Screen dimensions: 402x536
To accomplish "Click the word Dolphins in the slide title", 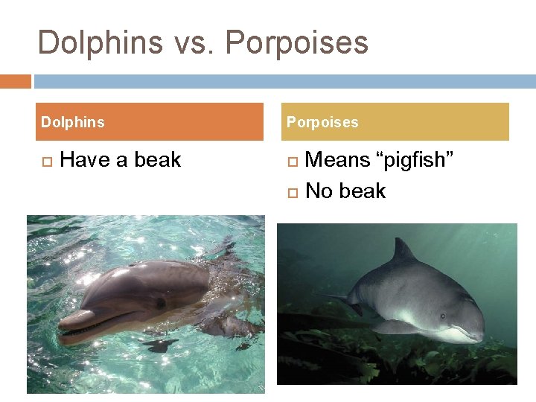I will [100, 42].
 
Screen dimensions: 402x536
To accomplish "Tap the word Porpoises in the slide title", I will [296, 42].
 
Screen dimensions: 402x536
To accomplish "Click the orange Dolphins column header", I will [149, 122].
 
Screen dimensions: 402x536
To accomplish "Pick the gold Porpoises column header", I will [398, 122].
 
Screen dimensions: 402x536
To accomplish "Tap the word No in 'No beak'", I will [319, 191].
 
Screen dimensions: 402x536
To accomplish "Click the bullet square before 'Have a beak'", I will [46, 161].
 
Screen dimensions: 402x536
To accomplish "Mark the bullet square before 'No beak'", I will [292, 192].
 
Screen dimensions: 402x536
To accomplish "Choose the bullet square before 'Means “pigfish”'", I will [292, 161].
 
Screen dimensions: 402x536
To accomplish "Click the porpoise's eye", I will [444, 315].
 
